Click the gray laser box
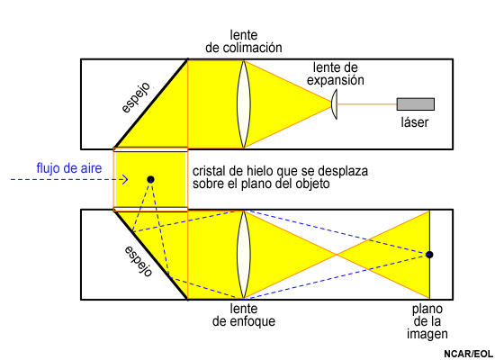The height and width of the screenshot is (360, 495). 416,104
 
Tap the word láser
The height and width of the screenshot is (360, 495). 415,122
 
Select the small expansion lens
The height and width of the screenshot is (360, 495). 334,104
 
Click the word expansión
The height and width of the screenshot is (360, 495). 336,80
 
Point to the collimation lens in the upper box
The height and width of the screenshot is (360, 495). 244,104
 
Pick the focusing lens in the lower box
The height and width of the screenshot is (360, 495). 244,255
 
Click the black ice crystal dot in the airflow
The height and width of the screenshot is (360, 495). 150,180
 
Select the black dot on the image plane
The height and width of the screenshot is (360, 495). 429,255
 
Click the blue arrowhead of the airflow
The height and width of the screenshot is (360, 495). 125,180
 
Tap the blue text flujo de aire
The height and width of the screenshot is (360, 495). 69,168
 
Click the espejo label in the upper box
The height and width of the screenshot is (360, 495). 136,97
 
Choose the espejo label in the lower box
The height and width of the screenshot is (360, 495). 139,261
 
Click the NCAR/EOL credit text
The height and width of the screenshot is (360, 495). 469,354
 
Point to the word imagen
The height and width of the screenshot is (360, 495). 427,334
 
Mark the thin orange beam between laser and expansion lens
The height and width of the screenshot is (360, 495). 367,103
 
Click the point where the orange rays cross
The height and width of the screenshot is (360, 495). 337,255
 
